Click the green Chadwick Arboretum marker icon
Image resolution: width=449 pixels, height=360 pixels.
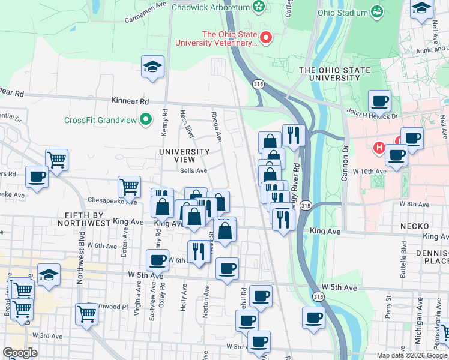click(259, 7)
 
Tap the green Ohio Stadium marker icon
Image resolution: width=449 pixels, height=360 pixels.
click(377, 12)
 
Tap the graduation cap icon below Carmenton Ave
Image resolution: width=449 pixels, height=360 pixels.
click(153, 68)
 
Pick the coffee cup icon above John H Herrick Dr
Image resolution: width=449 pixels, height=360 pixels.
click(379, 102)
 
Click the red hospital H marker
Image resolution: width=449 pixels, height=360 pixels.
click(379, 147)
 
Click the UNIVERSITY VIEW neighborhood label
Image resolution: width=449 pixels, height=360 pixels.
click(184, 156)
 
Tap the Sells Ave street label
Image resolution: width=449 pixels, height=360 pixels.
click(194, 170)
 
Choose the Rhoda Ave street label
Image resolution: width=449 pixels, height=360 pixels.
click(217, 126)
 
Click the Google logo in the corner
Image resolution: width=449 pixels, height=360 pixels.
click(20, 353)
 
